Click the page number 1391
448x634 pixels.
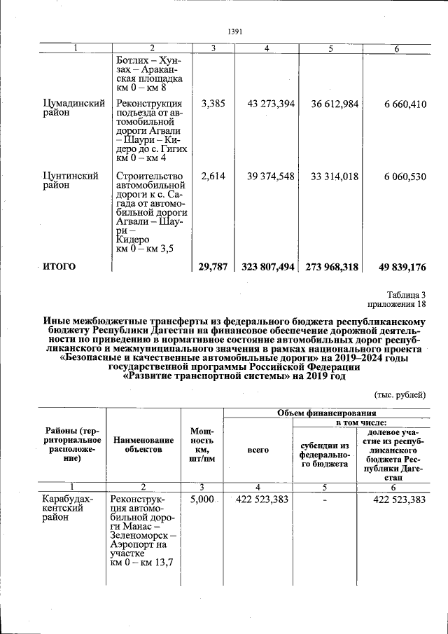(x=235, y=32)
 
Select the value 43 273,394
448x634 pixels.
(x=271, y=104)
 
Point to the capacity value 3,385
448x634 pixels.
(x=213, y=104)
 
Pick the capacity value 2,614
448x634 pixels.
(x=213, y=177)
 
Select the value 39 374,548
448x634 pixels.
(x=271, y=177)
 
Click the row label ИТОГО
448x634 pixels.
(x=59, y=266)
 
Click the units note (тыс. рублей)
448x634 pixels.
(x=400, y=394)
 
